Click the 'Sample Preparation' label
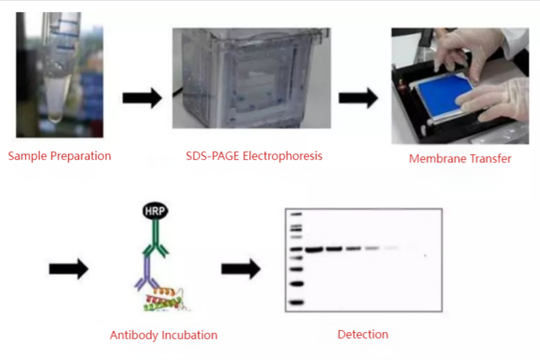pyautogui.click(x=59, y=156)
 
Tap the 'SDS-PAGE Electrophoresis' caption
pyautogui.click(x=254, y=156)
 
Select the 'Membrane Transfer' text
pyautogui.click(x=460, y=158)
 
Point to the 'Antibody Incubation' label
pyautogui.click(x=164, y=335)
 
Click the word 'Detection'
pyautogui.click(x=363, y=334)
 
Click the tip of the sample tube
pyautogui.click(x=55, y=118)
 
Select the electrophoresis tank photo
pyautogui.click(x=252, y=78)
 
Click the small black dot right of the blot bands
pyautogui.click(x=425, y=256)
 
